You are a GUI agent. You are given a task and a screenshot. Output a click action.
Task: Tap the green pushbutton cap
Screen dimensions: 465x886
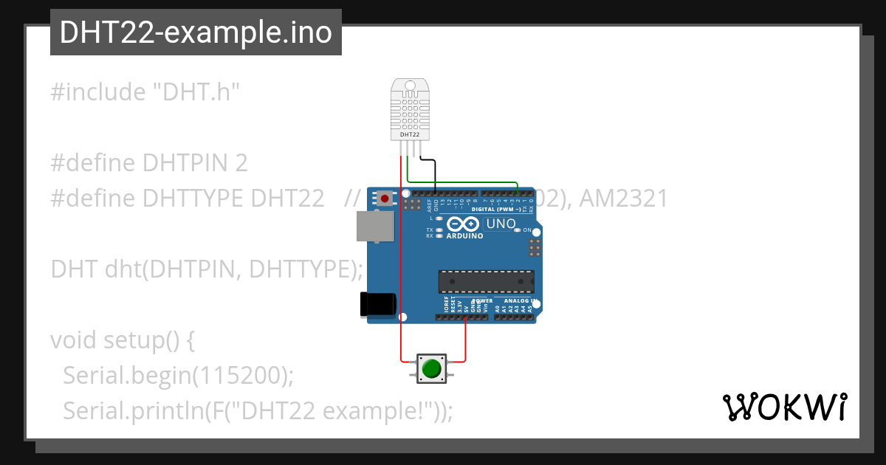tap(432, 368)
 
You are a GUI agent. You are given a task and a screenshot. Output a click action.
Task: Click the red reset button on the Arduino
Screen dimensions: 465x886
tap(385, 199)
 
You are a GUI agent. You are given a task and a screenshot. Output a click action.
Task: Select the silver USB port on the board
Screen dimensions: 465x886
tap(374, 226)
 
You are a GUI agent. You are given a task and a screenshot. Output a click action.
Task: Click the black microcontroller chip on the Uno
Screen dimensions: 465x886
tap(486, 281)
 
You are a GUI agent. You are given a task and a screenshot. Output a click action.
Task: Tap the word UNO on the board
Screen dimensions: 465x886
tap(501, 224)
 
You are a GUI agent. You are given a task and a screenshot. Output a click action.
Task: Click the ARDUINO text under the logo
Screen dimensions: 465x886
tap(465, 236)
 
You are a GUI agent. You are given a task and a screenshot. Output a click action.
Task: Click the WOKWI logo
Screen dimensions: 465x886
tap(784, 407)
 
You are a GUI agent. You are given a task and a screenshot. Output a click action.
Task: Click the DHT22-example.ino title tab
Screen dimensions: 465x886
tap(196, 32)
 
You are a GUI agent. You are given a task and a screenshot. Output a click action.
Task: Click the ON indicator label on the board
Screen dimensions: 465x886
tap(528, 230)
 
